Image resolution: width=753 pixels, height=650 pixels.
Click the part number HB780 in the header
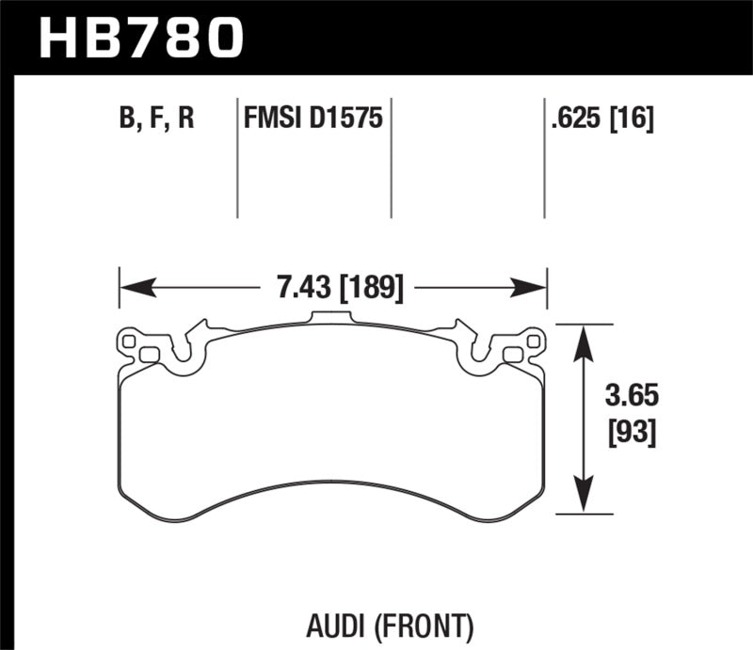tap(139, 38)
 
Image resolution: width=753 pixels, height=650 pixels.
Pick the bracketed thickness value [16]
tap(632, 119)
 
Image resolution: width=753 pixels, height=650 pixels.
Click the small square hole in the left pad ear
tap(148, 354)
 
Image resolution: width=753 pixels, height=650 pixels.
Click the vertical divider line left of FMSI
tap(237, 160)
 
